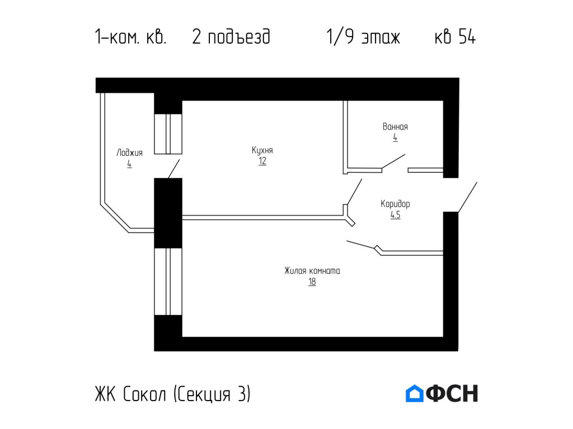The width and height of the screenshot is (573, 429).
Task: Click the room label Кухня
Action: (262, 151)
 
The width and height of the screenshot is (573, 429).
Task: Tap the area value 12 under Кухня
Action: (262, 161)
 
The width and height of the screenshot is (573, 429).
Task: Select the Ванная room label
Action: (395, 127)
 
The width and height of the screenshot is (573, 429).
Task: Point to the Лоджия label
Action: (129, 153)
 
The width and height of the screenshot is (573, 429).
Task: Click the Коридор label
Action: (395, 204)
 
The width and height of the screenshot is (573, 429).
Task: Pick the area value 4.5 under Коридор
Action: (395, 214)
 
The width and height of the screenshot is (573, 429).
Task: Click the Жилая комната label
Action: (312, 271)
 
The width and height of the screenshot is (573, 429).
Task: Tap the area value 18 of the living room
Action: (312, 282)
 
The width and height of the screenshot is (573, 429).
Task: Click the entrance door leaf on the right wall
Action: (468, 197)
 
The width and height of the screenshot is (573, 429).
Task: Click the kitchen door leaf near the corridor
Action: (354, 192)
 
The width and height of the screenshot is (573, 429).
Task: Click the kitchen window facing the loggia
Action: (168, 134)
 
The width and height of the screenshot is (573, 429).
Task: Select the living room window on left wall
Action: (168, 282)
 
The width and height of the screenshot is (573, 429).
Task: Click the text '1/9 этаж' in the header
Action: (363, 37)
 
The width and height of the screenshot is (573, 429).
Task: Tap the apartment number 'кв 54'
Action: (455, 37)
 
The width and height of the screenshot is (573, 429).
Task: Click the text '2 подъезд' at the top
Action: (231, 37)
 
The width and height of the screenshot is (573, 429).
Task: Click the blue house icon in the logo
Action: (415, 393)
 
